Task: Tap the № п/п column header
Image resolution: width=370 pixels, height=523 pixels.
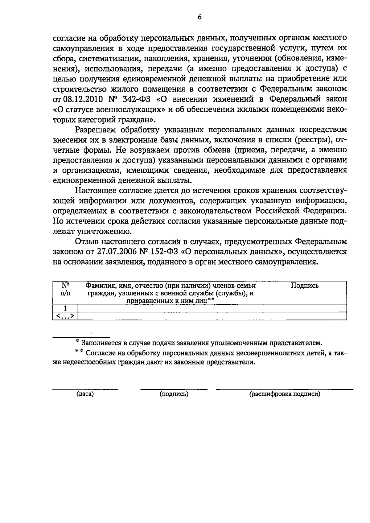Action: coord(65,289)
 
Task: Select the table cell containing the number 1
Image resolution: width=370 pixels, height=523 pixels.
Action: coord(65,308)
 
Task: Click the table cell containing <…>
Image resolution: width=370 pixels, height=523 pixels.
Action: coord(65,316)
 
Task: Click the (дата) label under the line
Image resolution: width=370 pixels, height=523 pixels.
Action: coord(85,394)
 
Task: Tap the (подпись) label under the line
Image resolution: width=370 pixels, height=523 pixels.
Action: coord(174,394)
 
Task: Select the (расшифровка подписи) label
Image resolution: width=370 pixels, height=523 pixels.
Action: coord(284,394)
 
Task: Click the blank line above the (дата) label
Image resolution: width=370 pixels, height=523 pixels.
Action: coord(85,389)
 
